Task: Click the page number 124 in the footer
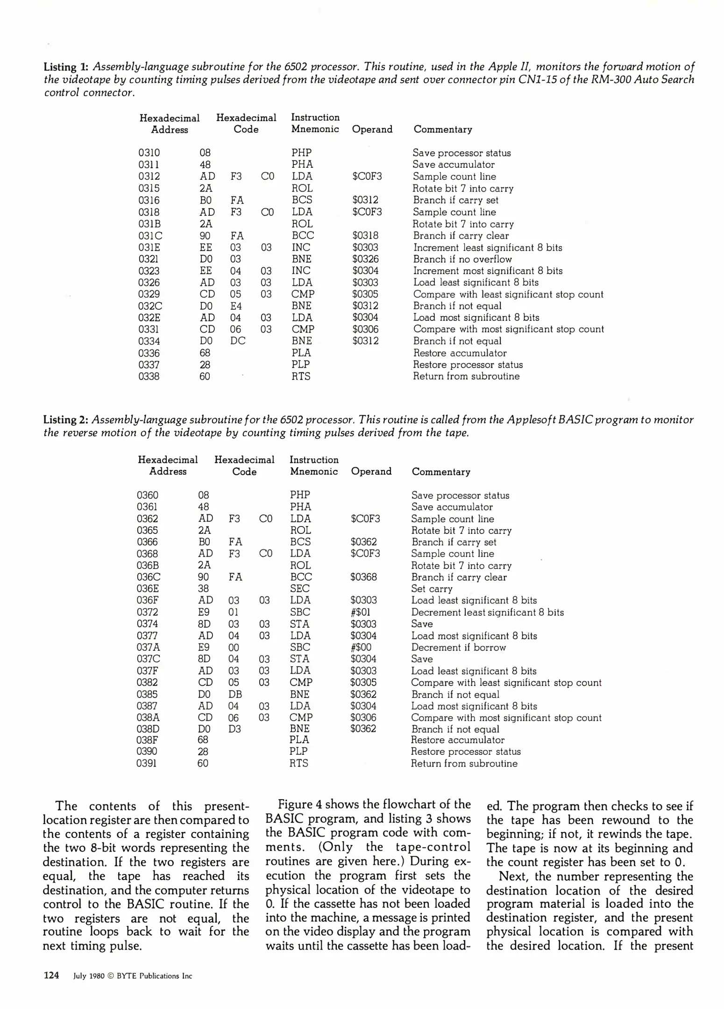click(51, 975)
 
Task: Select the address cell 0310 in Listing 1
click(149, 153)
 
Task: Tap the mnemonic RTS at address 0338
click(301, 377)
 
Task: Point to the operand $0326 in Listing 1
click(365, 259)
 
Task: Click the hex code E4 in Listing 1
click(236, 306)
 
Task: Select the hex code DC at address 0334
click(237, 341)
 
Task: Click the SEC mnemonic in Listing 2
click(299, 589)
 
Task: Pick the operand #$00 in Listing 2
click(361, 647)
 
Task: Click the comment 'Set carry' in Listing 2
click(432, 589)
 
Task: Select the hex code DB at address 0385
click(235, 695)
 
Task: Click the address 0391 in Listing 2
click(147, 763)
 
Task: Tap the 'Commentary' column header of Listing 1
click(442, 129)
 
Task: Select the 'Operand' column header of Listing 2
click(371, 471)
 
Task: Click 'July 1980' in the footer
click(87, 976)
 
